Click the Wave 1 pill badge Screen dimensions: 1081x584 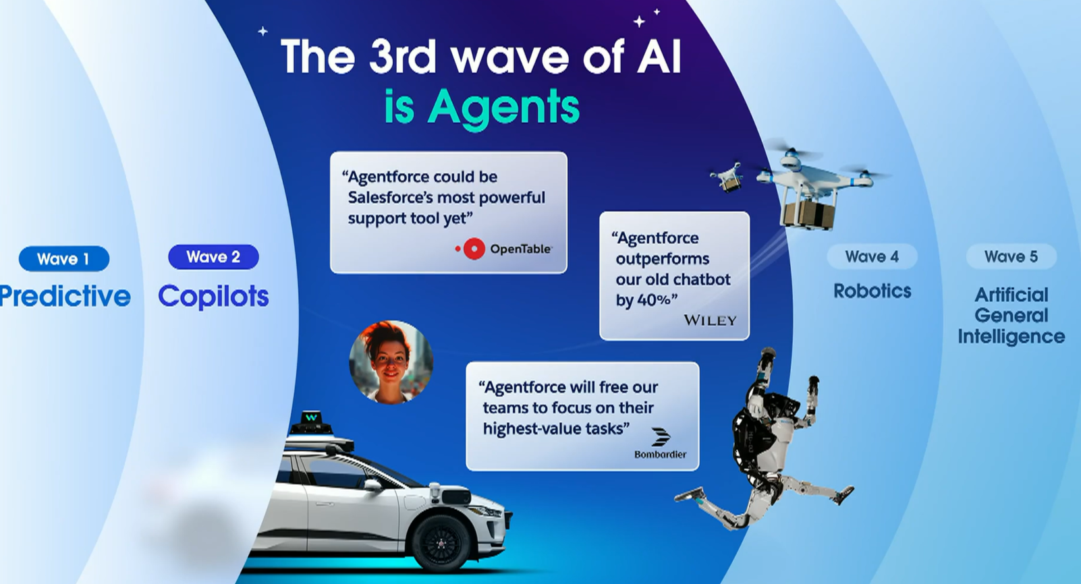tap(64, 259)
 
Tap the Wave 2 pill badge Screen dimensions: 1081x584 tap(213, 256)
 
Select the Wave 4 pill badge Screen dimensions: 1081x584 tap(872, 256)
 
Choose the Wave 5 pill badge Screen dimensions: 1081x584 tap(1011, 256)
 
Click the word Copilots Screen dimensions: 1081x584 tap(213, 297)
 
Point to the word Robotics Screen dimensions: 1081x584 tap(872, 291)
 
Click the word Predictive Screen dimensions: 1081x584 tap(65, 296)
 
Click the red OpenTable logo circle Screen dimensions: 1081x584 tap(474, 249)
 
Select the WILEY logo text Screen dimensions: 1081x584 tap(710, 321)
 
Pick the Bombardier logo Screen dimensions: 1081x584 tap(660, 443)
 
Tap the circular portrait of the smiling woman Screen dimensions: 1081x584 tap(391, 363)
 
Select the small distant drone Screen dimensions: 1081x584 tap(727, 177)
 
